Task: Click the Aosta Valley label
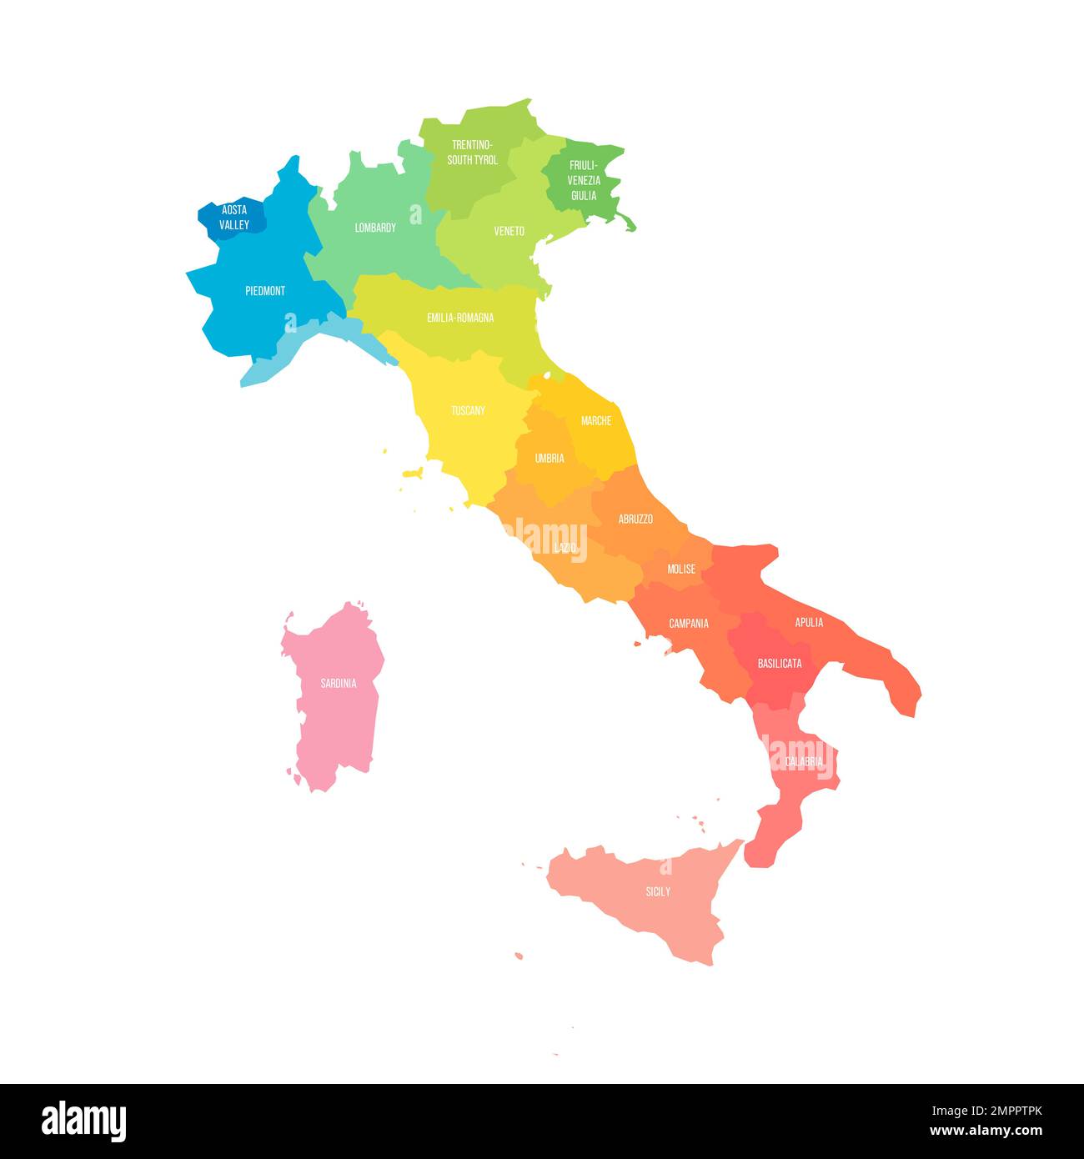coord(234,218)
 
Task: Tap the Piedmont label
coord(265,291)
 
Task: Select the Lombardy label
coord(375,228)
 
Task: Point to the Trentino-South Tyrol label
coord(472,153)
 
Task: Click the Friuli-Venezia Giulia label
coord(584,180)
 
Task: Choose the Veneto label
coord(509,231)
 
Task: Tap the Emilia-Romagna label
coord(460,318)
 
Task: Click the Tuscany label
coord(468,410)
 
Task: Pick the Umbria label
coord(550,458)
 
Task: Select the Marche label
coord(596,421)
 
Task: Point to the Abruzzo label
coord(635,519)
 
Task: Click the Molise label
coord(681,569)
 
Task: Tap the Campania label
coord(689,624)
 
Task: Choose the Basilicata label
coord(780,664)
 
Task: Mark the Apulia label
coord(809,623)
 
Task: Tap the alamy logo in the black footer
coord(84,1121)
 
